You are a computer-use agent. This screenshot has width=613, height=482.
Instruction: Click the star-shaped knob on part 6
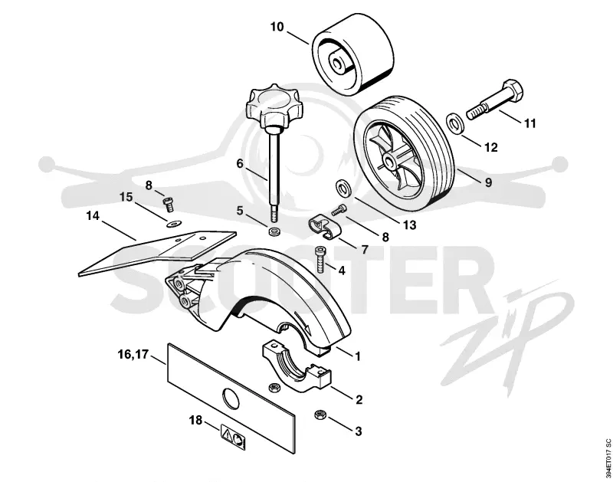click(273, 103)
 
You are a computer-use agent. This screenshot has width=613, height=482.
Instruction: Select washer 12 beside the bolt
click(454, 123)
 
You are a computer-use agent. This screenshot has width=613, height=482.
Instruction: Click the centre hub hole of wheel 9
click(389, 160)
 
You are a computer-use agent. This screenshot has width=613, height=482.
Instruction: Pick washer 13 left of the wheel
click(343, 189)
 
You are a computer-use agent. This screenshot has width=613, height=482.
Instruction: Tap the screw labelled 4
click(319, 259)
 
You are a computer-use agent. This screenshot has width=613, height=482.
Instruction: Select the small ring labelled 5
click(274, 231)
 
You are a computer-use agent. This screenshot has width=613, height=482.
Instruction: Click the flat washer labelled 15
click(172, 225)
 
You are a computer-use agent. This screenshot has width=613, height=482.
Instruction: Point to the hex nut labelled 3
click(320, 415)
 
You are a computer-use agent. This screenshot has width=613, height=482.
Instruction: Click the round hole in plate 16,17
click(230, 398)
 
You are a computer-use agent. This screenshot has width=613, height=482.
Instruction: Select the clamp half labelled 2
click(297, 365)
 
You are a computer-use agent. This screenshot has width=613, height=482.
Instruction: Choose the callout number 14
click(93, 215)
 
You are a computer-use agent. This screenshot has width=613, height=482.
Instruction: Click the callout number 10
click(277, 27)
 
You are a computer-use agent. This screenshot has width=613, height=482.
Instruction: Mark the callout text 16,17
click(133, 355)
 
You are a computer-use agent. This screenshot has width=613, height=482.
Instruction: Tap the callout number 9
click(489, 182)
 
